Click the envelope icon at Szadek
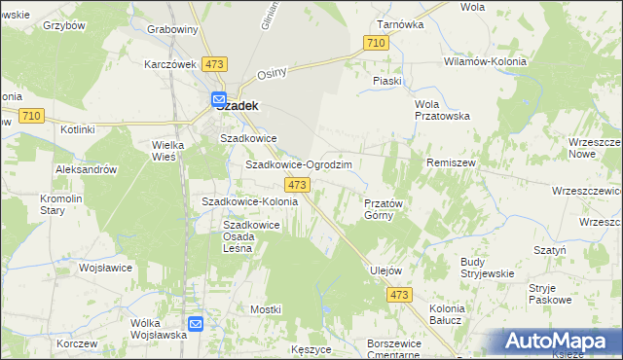[219, 98]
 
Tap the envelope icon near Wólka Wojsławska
[196, 324]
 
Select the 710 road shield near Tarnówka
[377, 43]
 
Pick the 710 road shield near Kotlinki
[30, 116]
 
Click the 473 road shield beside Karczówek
[215, 64]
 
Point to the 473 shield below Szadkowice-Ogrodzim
[297, 184]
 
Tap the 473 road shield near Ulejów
[399, 295]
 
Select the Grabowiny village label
[172, 29]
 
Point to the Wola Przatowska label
[442, 110]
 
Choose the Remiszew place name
[450, 162]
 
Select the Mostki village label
[265, 308]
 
